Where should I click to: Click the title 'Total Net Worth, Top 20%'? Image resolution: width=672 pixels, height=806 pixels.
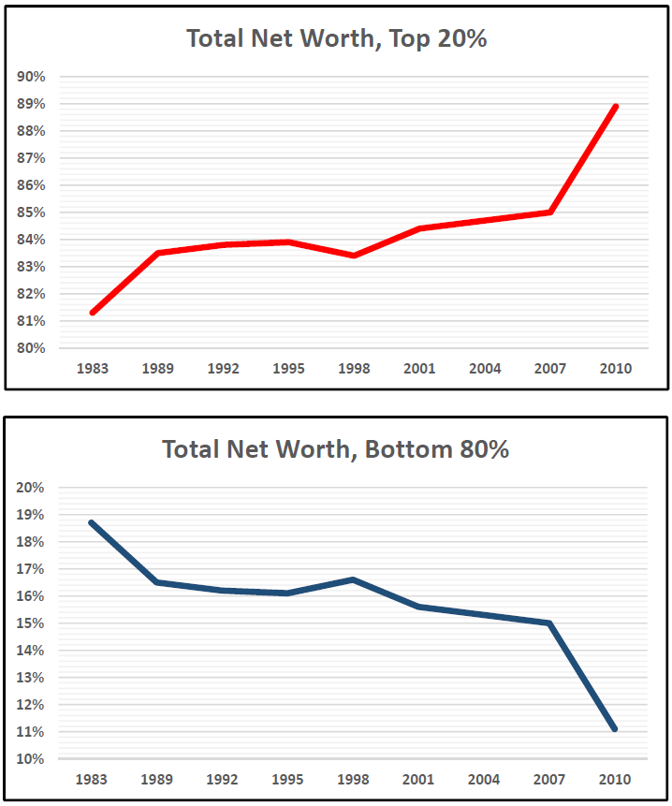coord(336,38)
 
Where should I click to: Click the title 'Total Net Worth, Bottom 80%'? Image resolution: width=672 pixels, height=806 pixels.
coord(336,449)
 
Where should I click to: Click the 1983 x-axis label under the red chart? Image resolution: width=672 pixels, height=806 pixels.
coord(93,369)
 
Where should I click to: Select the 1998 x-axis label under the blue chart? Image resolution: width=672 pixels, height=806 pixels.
coord(354,780)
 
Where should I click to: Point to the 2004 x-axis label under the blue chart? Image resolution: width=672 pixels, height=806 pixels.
coord(485,780)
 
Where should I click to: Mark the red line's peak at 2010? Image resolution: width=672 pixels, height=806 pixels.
coord(615,107)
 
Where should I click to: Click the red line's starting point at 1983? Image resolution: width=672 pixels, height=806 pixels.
coord(93,313)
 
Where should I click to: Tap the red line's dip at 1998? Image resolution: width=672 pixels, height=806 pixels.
coord(354,256)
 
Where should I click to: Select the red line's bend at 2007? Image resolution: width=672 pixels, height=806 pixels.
coord(550,212)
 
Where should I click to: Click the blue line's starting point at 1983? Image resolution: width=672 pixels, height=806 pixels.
coord(92,522)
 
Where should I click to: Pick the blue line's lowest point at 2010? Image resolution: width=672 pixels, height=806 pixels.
coord(615,728)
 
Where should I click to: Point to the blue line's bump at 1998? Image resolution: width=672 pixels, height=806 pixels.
coord(354,579)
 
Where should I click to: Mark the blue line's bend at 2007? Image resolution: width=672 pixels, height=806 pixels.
coord(550,623)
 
